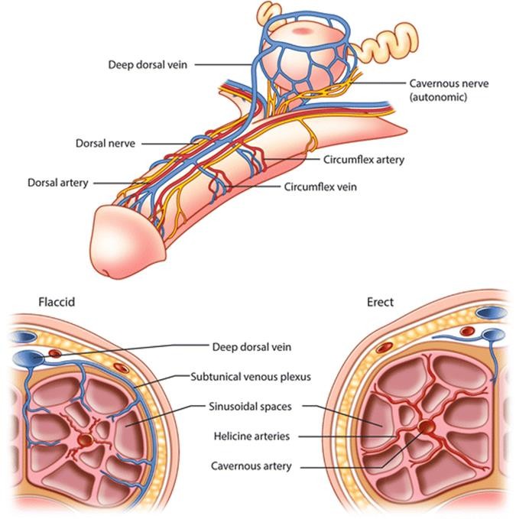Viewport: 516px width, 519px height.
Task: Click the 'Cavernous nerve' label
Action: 449,83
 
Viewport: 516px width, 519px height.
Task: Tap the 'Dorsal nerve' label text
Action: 105,144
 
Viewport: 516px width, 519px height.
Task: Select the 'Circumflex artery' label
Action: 363,160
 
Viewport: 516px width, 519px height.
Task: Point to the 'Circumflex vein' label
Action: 320,187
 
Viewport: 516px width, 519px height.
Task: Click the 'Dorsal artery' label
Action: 58,183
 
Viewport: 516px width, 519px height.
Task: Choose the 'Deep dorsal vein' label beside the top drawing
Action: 148,64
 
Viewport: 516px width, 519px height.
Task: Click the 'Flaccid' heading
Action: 57,302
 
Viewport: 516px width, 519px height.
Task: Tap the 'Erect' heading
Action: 380,302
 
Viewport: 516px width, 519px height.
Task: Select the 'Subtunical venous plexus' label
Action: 251,377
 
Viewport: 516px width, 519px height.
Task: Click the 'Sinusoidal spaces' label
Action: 250,407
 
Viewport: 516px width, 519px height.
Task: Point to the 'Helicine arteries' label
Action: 252,436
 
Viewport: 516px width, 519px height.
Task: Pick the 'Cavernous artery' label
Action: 252,466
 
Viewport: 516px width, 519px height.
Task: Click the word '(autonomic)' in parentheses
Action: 438,97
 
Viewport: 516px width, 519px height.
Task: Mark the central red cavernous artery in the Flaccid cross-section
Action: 86,440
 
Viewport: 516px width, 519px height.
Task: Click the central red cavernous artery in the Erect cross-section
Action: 426,427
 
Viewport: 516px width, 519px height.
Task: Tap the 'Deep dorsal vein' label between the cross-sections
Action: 252,347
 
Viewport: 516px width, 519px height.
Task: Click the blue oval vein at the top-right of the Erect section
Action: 492,313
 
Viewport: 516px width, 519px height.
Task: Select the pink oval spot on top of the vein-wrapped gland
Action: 302,31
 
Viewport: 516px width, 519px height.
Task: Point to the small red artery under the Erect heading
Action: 467,331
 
